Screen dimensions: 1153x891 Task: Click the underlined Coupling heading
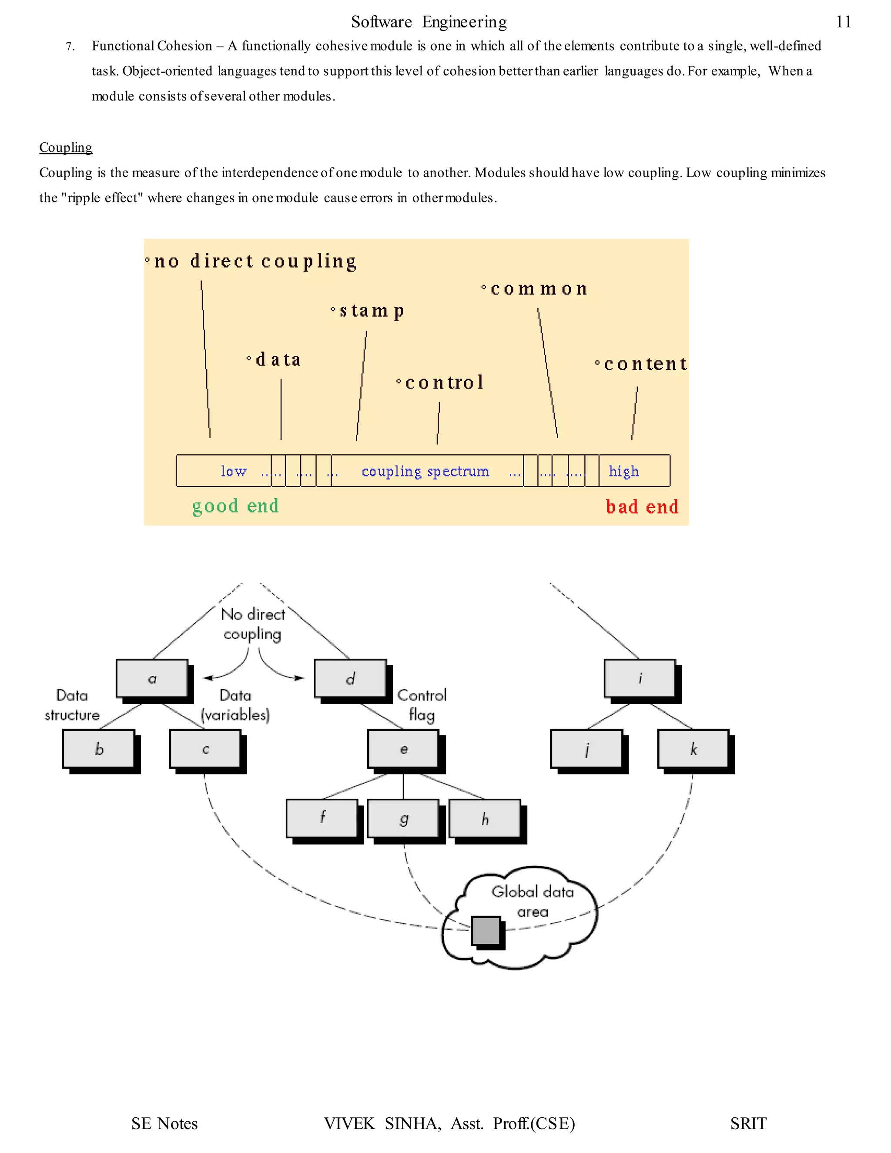coord(66,147)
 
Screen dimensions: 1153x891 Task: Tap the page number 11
coord(843,22)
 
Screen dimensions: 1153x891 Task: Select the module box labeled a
coord(152,678)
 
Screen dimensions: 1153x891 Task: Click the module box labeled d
coord(350,678)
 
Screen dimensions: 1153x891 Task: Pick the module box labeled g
coord(403,819)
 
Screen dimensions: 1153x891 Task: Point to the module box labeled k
coord(693,749)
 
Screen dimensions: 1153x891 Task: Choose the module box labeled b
coord(99,749)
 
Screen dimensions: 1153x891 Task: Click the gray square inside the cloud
coord(486,930)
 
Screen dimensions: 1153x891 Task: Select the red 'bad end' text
coord(642,507)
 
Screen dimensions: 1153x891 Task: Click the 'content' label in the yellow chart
coord(645,364)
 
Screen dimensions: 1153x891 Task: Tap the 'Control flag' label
coord(422,705)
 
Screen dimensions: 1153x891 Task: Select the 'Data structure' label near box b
coord(72,705)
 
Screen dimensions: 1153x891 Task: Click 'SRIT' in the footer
coord(748,1123)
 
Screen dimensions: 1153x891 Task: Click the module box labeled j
coord(586,749)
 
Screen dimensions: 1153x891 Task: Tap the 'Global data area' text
coord(532,901)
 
